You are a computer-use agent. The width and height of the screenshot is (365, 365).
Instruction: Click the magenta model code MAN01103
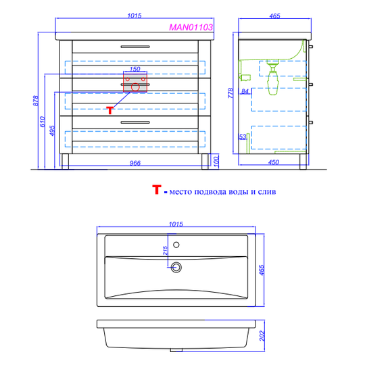[x=191, y=28]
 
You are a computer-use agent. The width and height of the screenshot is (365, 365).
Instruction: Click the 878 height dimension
[x=35, y=101]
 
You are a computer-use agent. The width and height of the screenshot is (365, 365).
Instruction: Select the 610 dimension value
[x=43, y=122]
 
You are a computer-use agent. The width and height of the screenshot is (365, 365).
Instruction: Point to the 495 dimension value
[x=52, y=131]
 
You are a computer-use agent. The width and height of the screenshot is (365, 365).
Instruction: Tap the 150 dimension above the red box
[x=135, y=69]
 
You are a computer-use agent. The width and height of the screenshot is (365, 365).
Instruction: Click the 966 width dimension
[x=135, y=163]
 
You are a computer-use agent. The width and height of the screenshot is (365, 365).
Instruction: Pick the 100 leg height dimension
[x=216, y=162]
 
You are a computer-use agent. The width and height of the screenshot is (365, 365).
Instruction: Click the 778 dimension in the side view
[x=230, y=93]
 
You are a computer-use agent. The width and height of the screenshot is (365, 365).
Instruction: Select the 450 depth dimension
[x=274, y=162]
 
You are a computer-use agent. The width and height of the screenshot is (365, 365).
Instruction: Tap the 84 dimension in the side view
[x=245, y=91]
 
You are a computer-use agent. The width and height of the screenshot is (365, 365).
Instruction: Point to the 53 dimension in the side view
[x=243, y=137]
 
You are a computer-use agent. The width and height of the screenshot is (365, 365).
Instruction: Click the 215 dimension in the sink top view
[x=166, y=251]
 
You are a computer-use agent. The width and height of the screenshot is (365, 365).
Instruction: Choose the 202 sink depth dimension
[x=262, y=336]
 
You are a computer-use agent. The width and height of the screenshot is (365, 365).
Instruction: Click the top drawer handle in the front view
[x=135, y=47]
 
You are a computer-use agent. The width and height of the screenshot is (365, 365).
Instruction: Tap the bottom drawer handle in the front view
[x=135, y=122]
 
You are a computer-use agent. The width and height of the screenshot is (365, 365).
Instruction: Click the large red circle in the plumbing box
[x=135, y=87]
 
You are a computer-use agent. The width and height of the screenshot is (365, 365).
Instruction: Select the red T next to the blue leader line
[x=110, y=110]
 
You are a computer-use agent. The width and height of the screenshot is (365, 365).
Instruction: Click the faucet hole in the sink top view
[x=176, y=245]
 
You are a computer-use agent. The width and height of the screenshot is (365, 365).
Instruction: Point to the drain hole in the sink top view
[x=176, y=267]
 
